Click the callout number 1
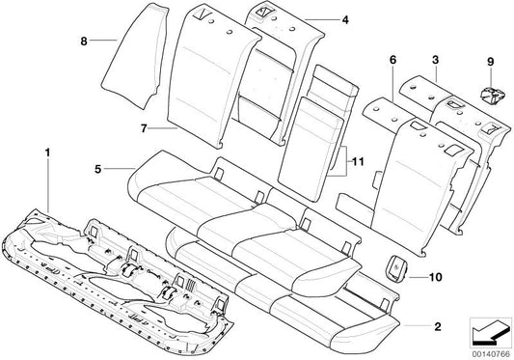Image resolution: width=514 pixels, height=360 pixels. pyautogui.click(x=45, y=151)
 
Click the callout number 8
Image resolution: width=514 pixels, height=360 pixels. pyautogui.click(x=84, y=42)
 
